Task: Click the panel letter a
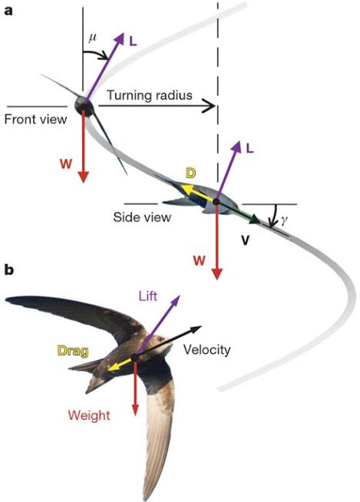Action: tap(8, 11)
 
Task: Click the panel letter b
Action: tap(8, 269)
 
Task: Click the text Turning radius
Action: tap(149, 95)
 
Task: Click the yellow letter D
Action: tap(190, 173)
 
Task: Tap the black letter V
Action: tap(246, 239)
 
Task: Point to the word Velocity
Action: tap(206, 349)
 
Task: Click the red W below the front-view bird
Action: tap(65, 163)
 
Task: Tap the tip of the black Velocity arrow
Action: tap(202, 327)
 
